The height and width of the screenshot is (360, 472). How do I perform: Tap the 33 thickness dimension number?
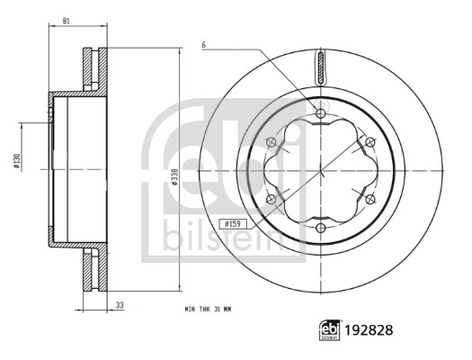tap(119, 305)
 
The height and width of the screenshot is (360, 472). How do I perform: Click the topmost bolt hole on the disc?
tap(321, 112)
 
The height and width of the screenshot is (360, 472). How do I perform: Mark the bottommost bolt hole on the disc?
tap(321, 226)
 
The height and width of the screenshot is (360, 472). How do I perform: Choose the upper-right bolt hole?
tap(370, 140)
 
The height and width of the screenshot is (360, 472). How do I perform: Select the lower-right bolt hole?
tap(370, 197)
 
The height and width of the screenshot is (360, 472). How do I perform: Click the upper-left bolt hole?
tap(272, 140)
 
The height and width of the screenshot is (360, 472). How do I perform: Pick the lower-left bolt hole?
tap(272, 197)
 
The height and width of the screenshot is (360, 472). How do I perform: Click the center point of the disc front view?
tap(321, 168)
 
